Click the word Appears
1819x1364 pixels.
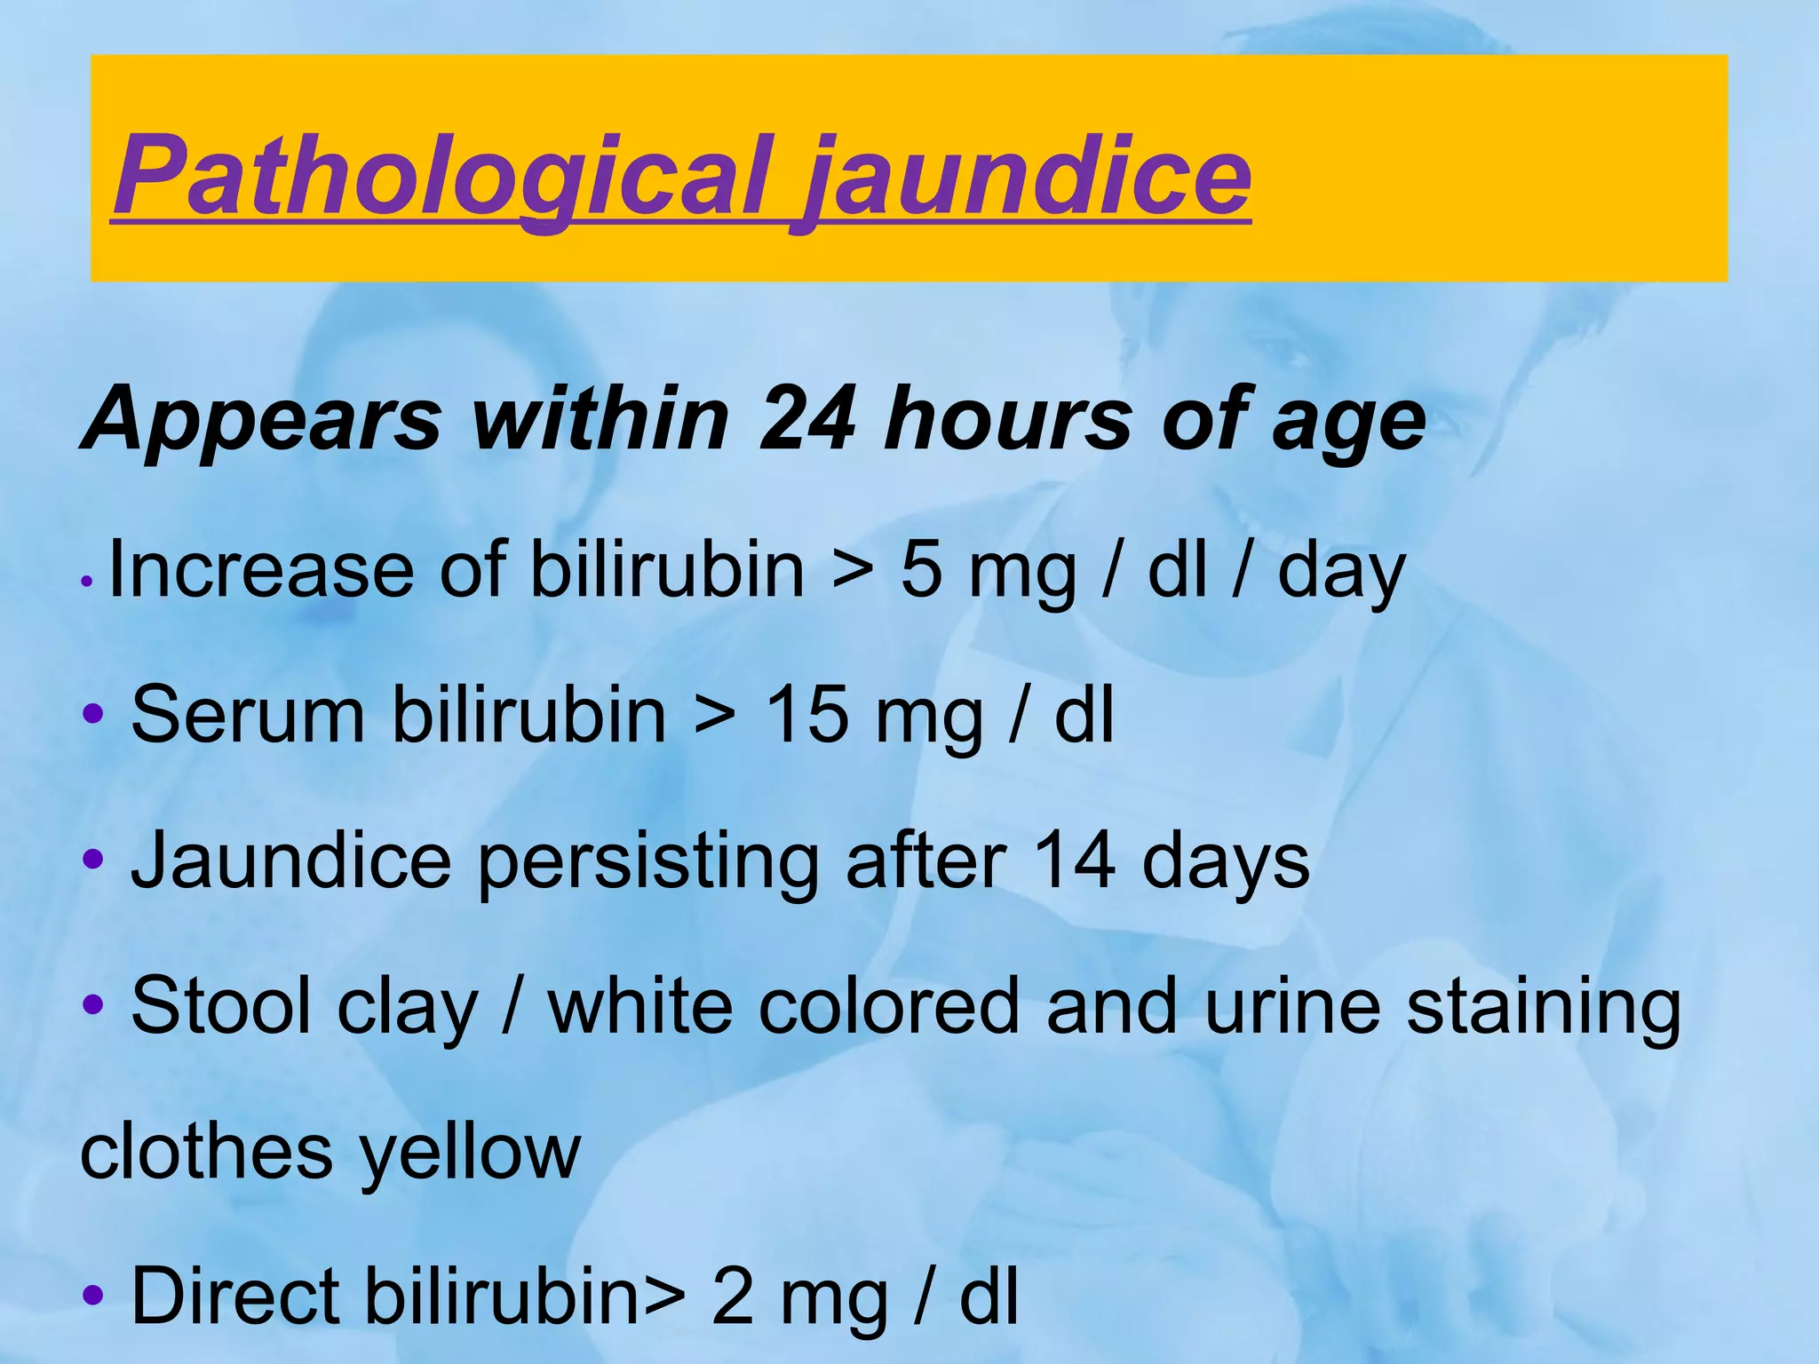point(261,419)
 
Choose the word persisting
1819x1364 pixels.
point(648,860)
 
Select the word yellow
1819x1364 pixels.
point(471,1152)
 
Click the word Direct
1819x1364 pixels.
point(235,1296)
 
